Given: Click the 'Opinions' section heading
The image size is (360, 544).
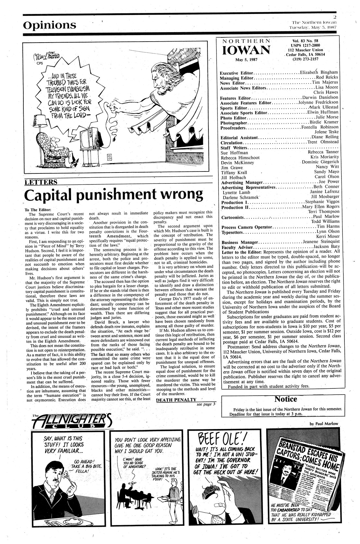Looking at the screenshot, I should [50, 25].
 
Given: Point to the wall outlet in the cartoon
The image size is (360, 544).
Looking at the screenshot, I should [109, 158].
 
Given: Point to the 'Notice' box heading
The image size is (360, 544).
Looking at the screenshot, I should [285, 399].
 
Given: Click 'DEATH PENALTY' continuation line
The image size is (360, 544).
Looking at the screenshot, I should [176, 400].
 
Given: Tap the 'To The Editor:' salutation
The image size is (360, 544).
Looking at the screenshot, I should [38, 210].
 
